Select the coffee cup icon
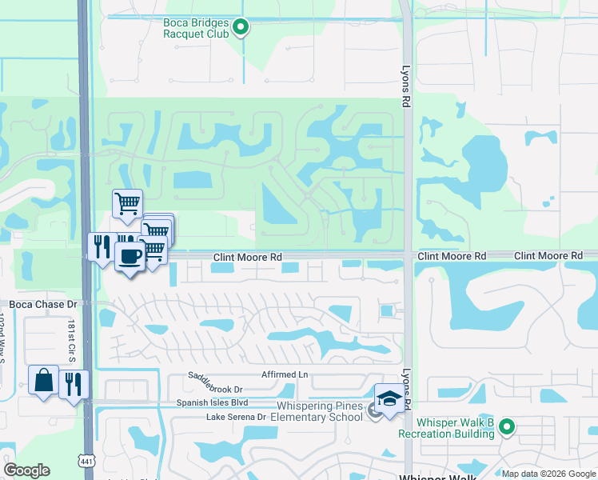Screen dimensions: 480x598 pyautogui.click(x=130, y=257)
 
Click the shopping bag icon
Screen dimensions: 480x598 pyautogui.click(x=43, y=380)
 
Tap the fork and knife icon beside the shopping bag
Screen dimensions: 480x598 pyautogui.click(x=72, y=385)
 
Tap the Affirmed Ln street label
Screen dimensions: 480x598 pyautogui.click(x=284, y=374)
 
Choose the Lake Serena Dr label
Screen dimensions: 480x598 pyautogui.click(x=236, y=417)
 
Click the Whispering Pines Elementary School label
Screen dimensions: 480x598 pyautogui.click(x=317, y=411)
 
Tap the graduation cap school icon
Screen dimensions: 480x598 pyautogui.click(x=389, y=398)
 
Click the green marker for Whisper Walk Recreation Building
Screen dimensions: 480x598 pyautogui.click(x=506, y=427)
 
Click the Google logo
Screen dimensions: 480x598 pyautogui.click(x=26, y=470)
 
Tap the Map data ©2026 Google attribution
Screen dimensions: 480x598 pyautogui.click(x=548, y=474)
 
